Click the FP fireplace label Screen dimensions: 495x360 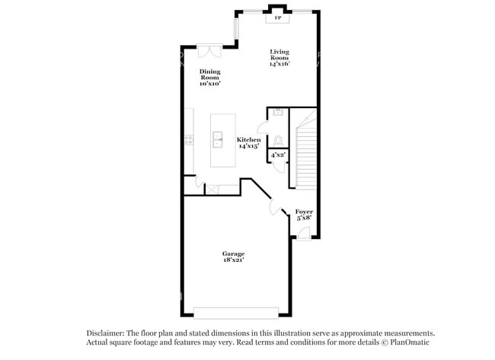pos(278,18)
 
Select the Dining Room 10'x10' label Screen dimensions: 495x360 pos(210,78)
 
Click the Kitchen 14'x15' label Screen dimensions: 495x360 pos(249,142)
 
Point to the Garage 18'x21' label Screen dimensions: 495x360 pos(233,256)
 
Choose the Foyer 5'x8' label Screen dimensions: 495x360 pos(304,215)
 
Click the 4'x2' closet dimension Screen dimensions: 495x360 pos(278,155)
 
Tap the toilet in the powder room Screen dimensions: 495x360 pos(278,140)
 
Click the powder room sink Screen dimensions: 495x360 pos(278,112)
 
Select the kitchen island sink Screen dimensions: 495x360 pos(218,140)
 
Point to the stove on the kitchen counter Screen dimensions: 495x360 pos(189,140)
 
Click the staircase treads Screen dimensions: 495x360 pos(306,157)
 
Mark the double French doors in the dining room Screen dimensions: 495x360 pos(209,51)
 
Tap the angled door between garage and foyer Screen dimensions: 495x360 pos(276,207)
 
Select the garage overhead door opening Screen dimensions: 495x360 pos(236,313)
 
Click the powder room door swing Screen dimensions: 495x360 pos(263,127)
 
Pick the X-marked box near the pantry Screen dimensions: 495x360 pos(212,189)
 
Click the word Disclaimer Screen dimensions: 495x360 pos(105,333)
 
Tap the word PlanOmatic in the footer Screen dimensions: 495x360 pos(410,342)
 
